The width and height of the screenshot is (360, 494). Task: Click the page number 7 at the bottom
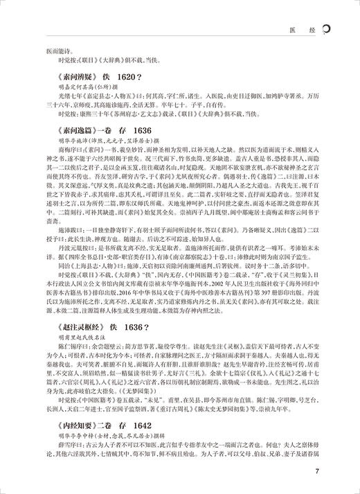[x=335, y=474]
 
